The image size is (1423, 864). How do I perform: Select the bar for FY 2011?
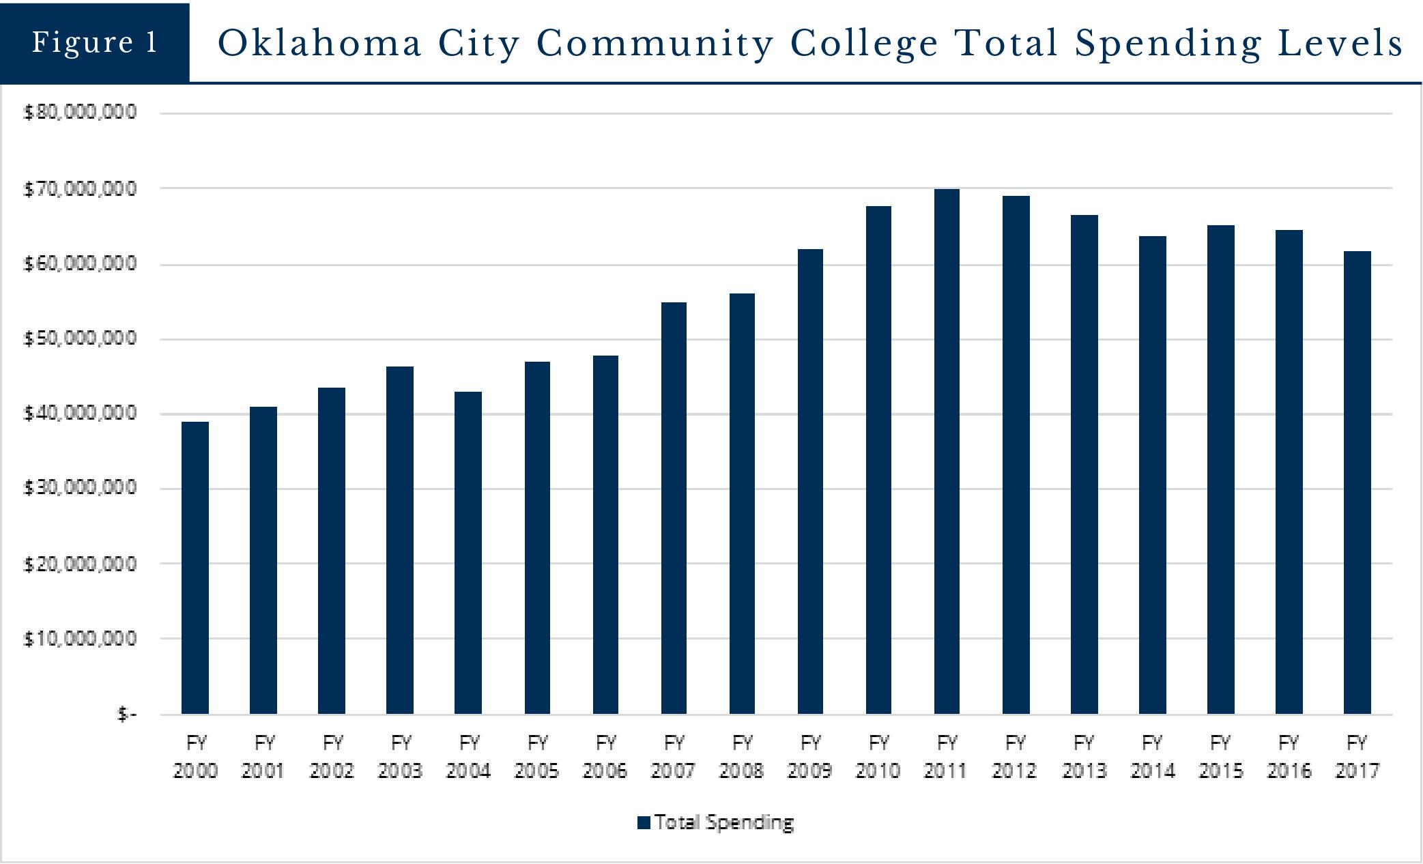(947, 451)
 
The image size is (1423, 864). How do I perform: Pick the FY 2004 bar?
(468, 553)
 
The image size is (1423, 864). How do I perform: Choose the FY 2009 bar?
(810, 481)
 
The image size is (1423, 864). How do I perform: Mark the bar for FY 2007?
(674, 508)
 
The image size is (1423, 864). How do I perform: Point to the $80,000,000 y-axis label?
(80, 112)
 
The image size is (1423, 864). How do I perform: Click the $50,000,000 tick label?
(80, 338)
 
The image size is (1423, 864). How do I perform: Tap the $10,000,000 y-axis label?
(80, 639)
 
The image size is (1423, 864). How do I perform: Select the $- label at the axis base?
(127, 715)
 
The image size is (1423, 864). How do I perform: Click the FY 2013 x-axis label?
(1084, 756)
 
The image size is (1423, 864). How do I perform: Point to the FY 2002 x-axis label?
(332, 756)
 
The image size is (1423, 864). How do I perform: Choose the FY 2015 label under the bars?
(1220, 756)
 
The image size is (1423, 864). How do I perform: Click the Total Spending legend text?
(724, 822)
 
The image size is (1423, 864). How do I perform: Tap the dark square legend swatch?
(644, 822)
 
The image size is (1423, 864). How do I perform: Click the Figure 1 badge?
(95, 42)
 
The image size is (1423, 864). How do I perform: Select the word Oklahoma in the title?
(320, 44)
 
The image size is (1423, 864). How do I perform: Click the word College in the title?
(865, 44)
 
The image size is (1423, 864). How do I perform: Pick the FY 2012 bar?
(1016, 455)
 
